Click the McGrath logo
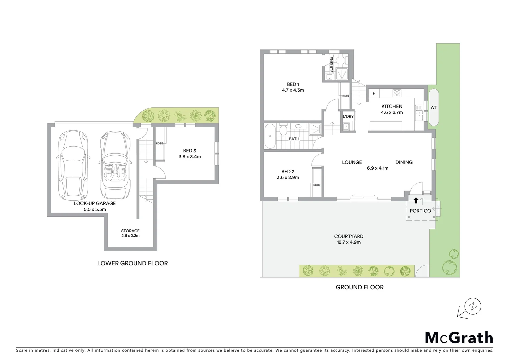point(459,338)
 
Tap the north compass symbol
point(473,306)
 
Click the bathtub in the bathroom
point(270,136)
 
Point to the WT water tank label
point(434,107)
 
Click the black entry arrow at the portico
point(416,200)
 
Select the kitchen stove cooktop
point(397,93)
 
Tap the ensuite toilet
point(341,61)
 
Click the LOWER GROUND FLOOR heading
point(132,263)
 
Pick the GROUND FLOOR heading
point(360,287)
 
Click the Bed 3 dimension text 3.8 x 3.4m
point(190,157)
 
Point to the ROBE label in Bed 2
point(317,185)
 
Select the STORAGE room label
point(130,231)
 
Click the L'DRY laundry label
point(348,116)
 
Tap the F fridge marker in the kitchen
point(374,93)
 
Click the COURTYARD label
point(349,236)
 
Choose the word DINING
point(404,162)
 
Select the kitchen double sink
point(419,112)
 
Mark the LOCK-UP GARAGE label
point(95,203)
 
